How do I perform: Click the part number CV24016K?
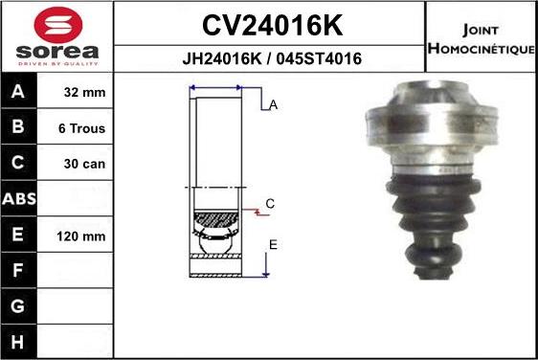[x=273, y=25]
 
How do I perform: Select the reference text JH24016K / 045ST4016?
[x=272, y=58]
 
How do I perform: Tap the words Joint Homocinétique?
[x=482, y=39]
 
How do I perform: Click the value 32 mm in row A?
[x=84, y=92]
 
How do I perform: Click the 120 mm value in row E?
[x=81, y=236]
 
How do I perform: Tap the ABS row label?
[x=19, y=199]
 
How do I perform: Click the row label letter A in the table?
[x=18, y=91]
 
